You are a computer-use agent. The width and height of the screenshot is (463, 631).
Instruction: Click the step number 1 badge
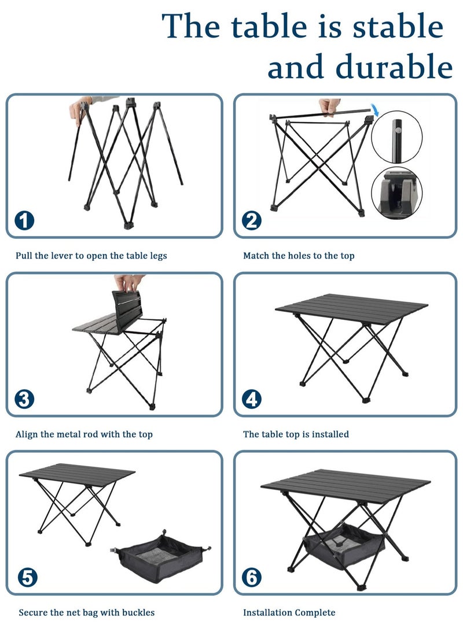click(x=24, y=220)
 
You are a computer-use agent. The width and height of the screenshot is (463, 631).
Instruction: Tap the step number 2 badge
click(x=252, y=220)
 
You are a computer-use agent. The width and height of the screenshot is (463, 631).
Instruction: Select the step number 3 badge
click(x=24, y=399)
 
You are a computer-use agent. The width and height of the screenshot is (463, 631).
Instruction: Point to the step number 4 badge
click(x=252, y=399)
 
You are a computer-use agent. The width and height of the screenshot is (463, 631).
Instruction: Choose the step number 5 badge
click(x=27, y=578)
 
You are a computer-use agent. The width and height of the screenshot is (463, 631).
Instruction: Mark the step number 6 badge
click(x=252, y=578)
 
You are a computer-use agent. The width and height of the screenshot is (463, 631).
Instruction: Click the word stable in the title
click(x=398, y=26)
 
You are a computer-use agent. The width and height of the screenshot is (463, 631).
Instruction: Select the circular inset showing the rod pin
click(x=396, y=137)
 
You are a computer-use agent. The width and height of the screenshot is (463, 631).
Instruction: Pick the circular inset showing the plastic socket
click(x=396, y=193)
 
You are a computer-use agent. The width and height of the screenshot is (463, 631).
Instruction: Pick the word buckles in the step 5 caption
click(x=138, y=612)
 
